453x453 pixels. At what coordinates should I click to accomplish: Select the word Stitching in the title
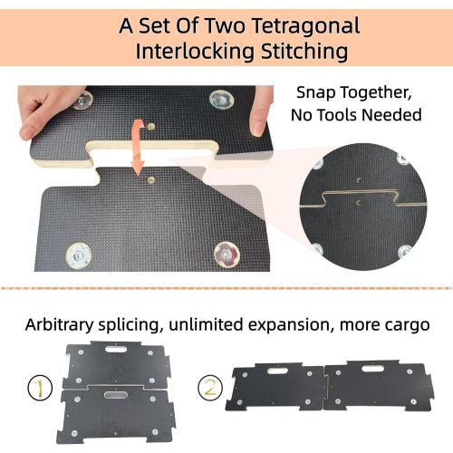[x=299, y=51]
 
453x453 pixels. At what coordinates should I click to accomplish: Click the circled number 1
[x=35, y=389]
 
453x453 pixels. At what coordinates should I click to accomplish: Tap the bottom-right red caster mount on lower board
[x=226, y=256]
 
